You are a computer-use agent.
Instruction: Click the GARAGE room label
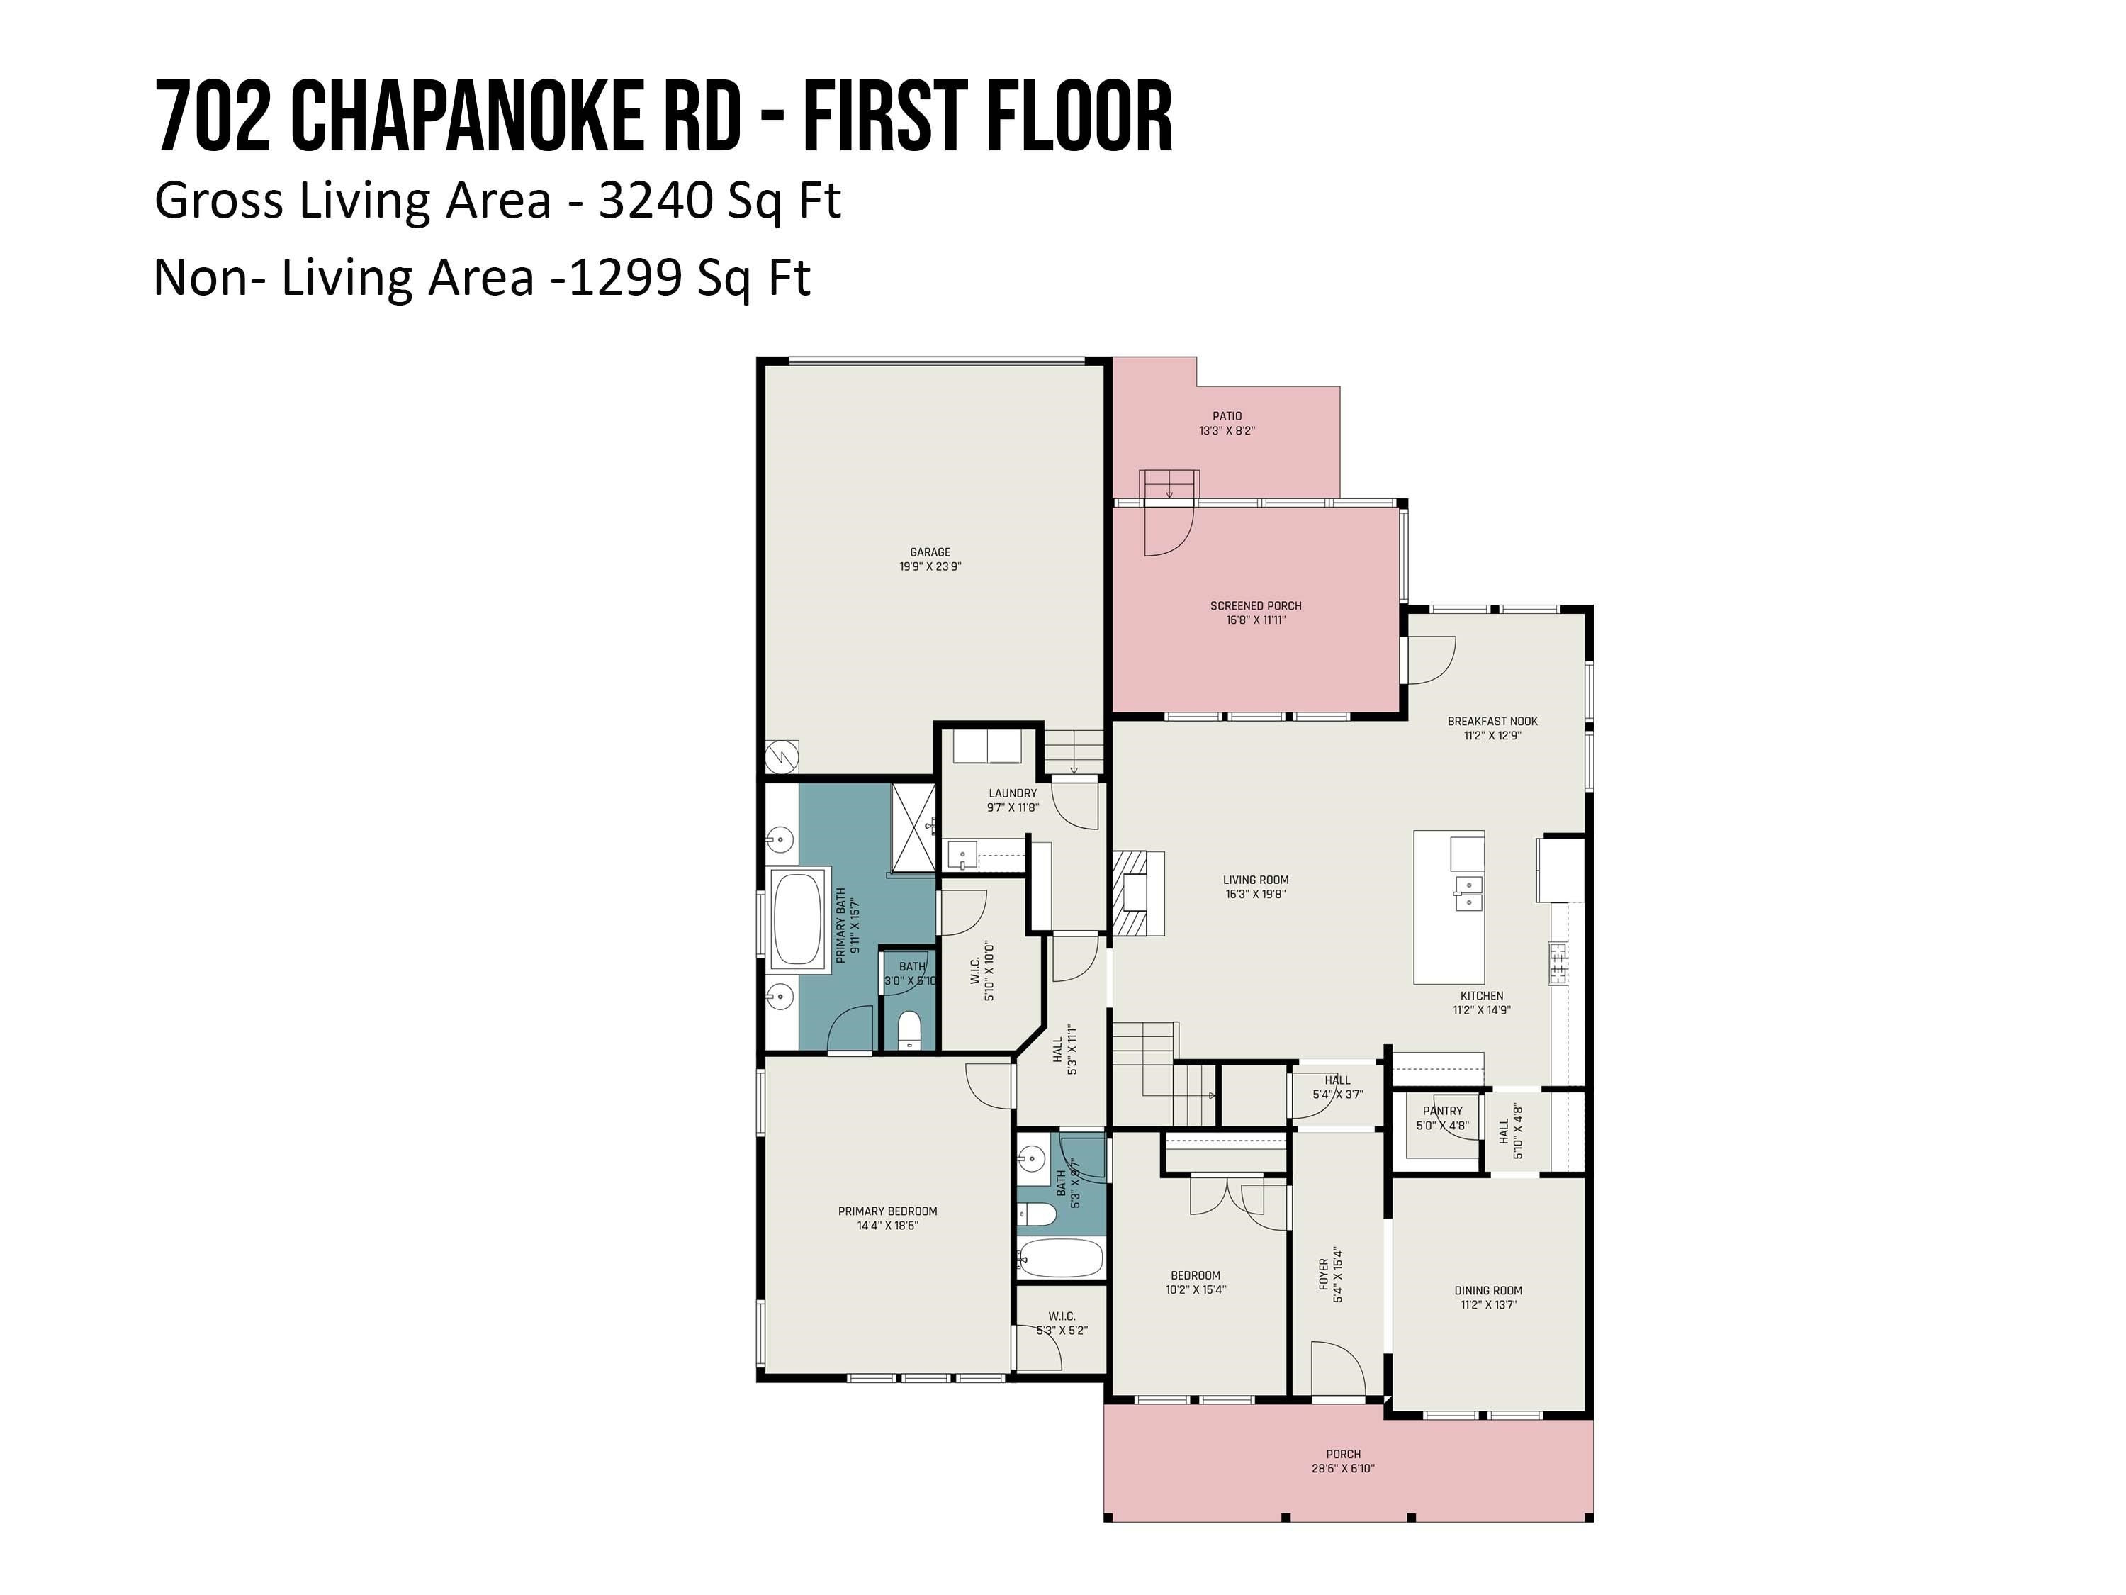[929, 552]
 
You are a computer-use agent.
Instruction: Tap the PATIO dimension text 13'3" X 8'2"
[1227, 431]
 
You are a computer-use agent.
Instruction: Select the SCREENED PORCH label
[1255, 605]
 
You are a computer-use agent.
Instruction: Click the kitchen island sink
[1467, 893]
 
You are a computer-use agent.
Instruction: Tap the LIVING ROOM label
[1255, 880]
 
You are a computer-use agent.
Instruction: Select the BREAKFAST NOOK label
[1492, 721]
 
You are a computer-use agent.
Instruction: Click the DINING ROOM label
[1487, 1290]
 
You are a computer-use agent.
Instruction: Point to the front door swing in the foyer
[1338, 1371]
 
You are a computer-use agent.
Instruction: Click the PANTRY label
[1441, 1110]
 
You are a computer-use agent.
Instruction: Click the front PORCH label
[1343, 1454]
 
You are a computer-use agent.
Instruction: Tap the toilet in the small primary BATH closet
[909, 1031]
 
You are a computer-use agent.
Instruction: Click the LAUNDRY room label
[1012, 793]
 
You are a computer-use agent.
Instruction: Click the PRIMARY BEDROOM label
[887, 1211]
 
